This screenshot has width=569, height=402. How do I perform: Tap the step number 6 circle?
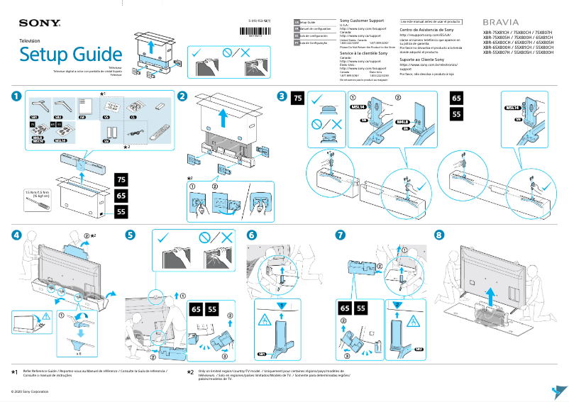pos(252,235)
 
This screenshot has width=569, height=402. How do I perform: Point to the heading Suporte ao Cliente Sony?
pos(424,60)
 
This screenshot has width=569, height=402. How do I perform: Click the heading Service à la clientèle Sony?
pos(363,53)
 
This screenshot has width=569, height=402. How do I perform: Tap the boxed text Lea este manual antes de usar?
pos(431,22)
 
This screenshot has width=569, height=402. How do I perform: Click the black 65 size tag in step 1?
pos(121,195)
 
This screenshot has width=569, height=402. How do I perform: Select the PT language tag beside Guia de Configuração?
pos(297,43)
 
